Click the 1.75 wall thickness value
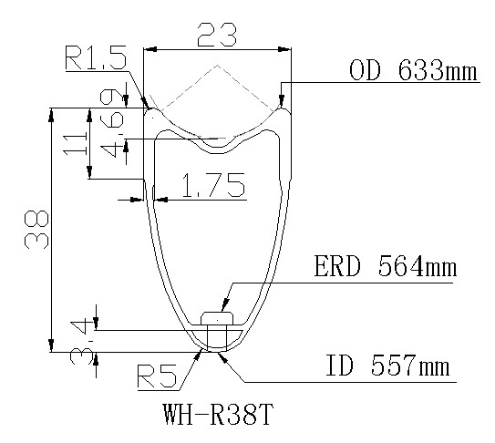pyautogui.click(x=212, y=187)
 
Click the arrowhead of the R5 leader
pyautogui.click(x=201, y=348)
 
